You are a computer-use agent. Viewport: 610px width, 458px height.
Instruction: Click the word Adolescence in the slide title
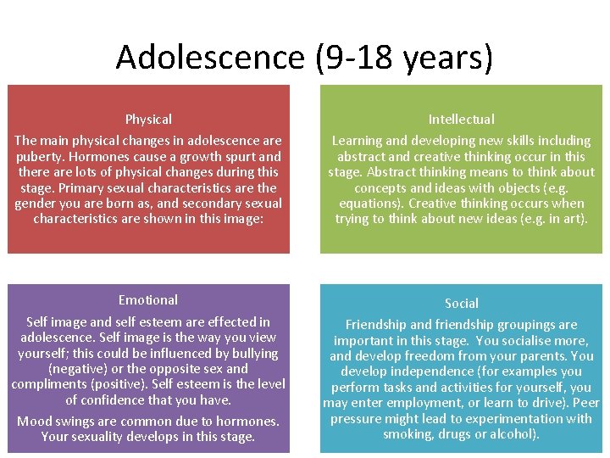pyautogui.click(x=209, y=58)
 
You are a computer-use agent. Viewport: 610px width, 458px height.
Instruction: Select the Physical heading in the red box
pyautogui.click(x=148, y=120)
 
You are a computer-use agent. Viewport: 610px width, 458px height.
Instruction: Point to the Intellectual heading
pyautogui.click(x=461, y=120)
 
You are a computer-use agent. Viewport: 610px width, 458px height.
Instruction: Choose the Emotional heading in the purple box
pyautogui.click(x=148, y=300)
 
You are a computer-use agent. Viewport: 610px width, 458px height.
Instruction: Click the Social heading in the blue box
pyautogui.click(x=461, y=303)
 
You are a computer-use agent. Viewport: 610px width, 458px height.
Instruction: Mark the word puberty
pyautogui.click(x=40, y=156)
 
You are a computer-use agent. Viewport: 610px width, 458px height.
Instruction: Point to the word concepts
pyautogui.click(x=383, y=187)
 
